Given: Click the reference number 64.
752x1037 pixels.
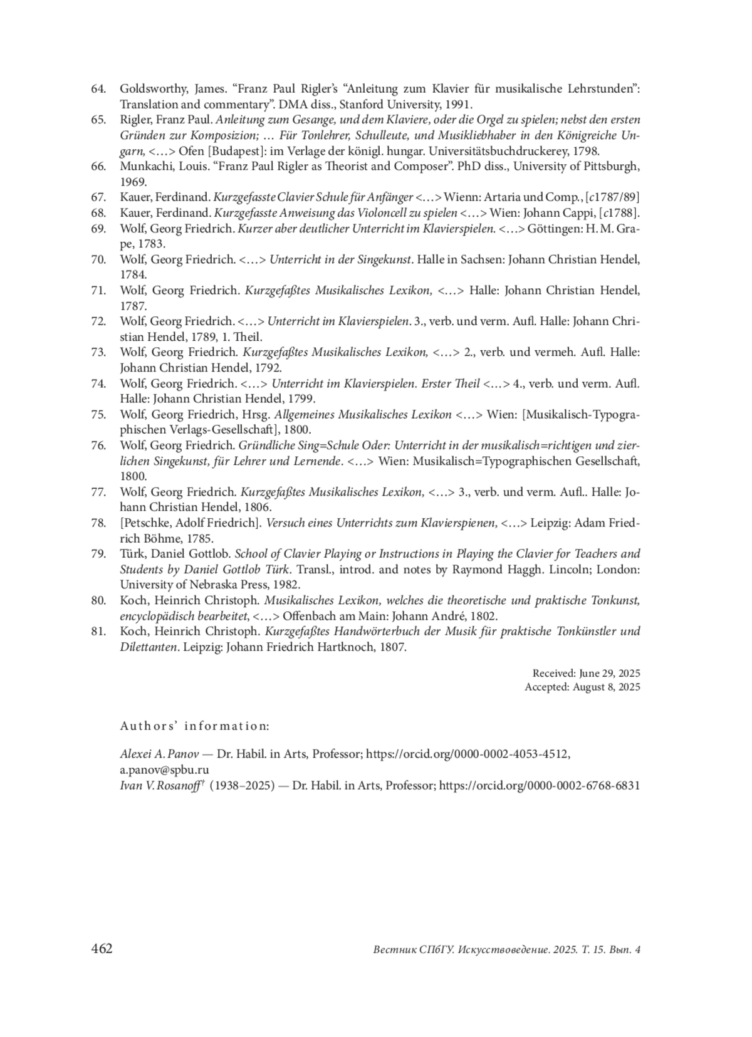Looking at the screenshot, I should coord(98,89).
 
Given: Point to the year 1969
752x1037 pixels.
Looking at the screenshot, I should coord(133,182).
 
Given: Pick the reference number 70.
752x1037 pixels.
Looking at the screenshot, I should coord(98,259).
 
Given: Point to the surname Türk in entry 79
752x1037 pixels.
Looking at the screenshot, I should coord(132,554).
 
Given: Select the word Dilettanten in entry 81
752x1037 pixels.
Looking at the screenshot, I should coord(149,647).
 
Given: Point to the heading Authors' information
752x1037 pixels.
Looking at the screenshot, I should coord(194,726).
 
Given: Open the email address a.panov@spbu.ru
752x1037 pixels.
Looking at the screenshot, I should coord(164,769).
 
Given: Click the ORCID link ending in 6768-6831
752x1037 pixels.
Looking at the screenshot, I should coord(539,785).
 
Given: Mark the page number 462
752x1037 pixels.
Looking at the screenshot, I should coord(102,949).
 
